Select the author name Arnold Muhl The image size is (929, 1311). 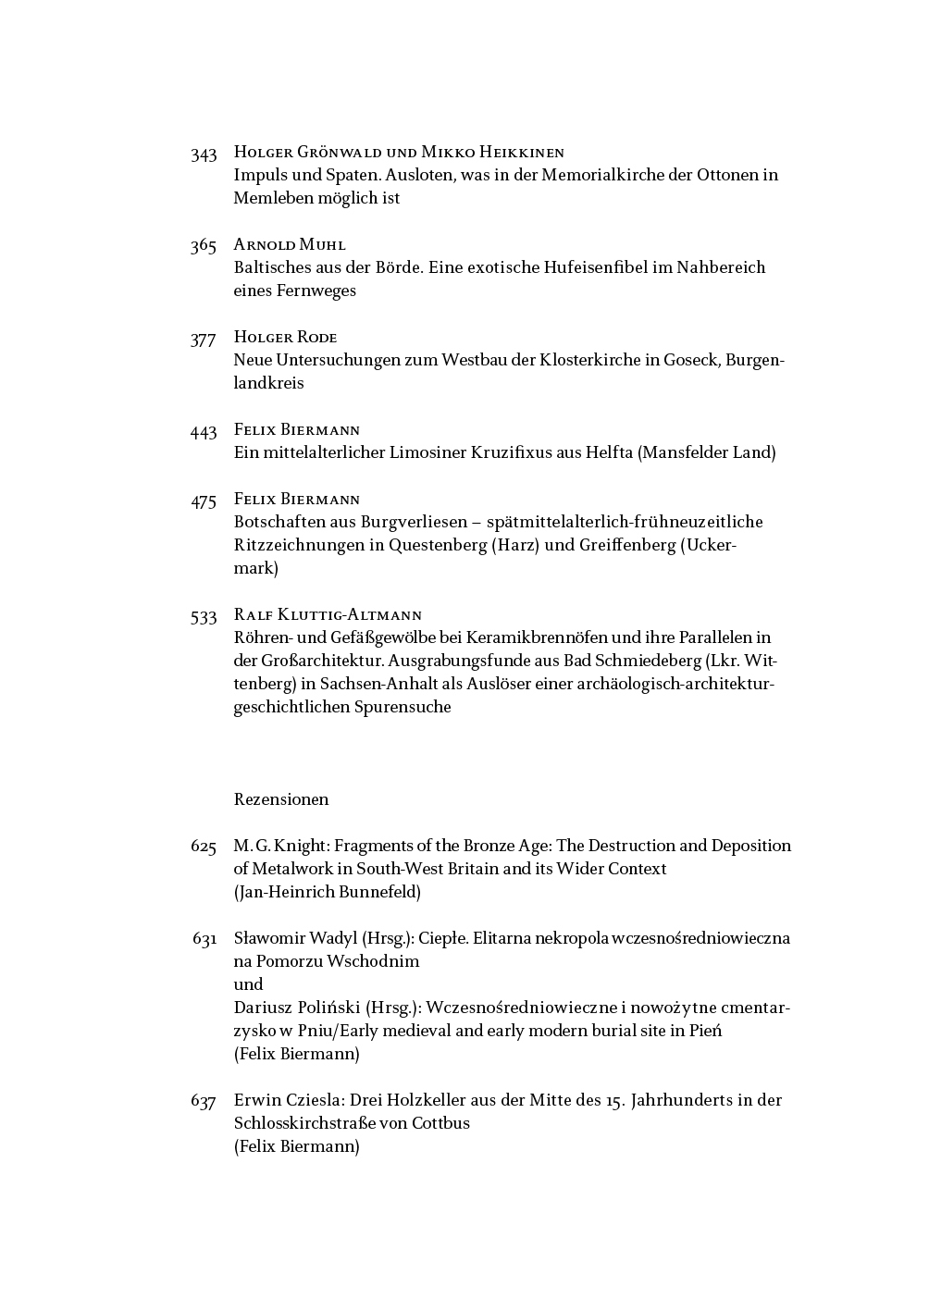coord(290,245)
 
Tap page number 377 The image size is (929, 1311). coord(204,340)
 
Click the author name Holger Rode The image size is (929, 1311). coord(285,338)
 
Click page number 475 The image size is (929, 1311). coord(204,501)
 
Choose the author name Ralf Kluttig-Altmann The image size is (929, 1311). coord(328,615)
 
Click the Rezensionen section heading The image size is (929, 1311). coord(281,799)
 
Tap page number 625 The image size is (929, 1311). coord(204,847)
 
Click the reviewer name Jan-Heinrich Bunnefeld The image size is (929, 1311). coord(328,892)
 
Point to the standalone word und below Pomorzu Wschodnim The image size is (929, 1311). coord(248,984)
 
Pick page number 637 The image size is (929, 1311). coord(204,1102)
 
